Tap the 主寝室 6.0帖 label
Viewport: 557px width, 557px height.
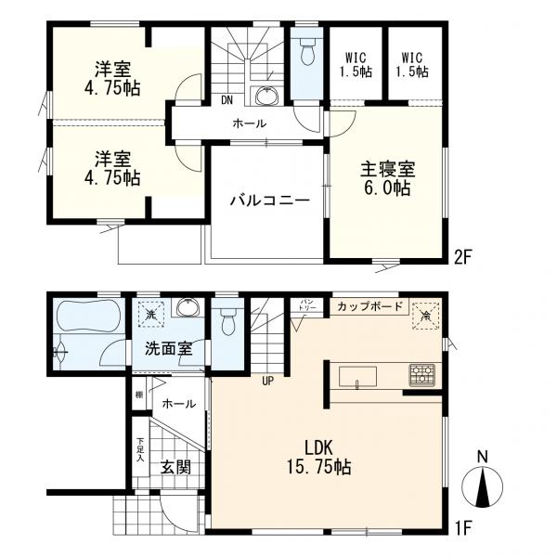coord(387,178)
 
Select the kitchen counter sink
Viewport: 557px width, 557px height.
coord(357,375)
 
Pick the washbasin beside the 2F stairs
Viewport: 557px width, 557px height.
coord(267,97)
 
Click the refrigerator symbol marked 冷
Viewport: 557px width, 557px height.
coord(424,314)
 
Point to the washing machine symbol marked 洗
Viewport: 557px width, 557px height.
coord(149,314)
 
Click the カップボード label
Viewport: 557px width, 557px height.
coord(369,305)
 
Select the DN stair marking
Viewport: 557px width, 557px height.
coord(227,101)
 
